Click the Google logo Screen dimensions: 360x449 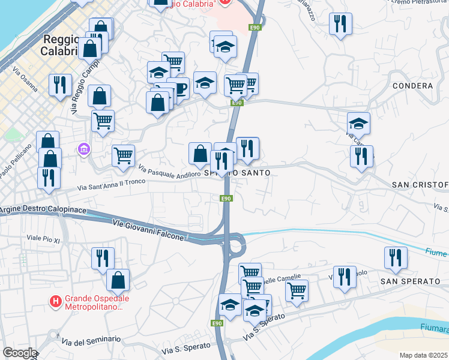(20, 353)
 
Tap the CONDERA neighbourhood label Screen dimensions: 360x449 (412, 86)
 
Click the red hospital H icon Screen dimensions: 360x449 (56, 300)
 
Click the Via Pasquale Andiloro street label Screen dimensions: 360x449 (169, 172)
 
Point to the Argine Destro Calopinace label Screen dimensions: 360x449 (43, 211)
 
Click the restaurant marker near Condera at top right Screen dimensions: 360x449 (340, 24)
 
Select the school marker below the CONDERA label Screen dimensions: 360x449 (358, 124)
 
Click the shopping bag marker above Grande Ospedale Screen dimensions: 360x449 (118, 280)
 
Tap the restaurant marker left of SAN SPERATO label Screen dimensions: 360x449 (345, 277)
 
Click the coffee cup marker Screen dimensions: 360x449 (178, 89)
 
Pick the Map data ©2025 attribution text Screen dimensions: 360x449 (424, 355)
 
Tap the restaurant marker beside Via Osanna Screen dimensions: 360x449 (60, 85)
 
